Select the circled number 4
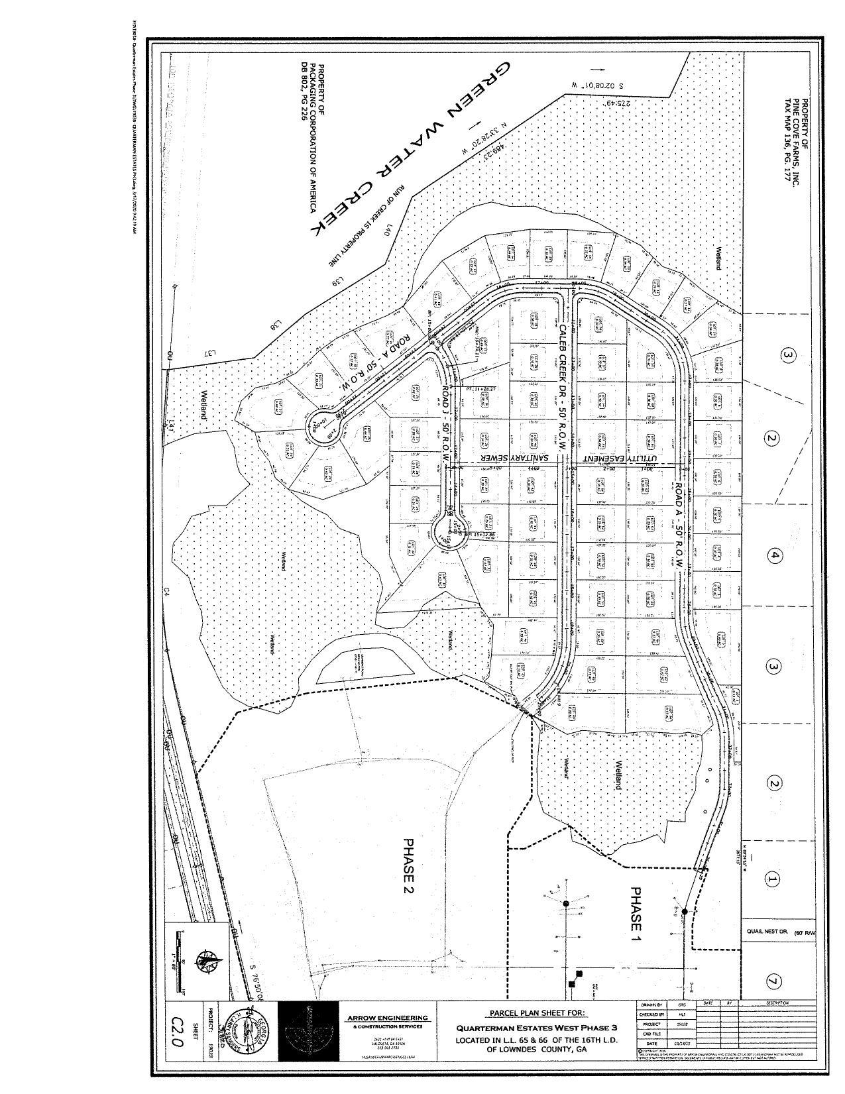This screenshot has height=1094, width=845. [775, 557]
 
